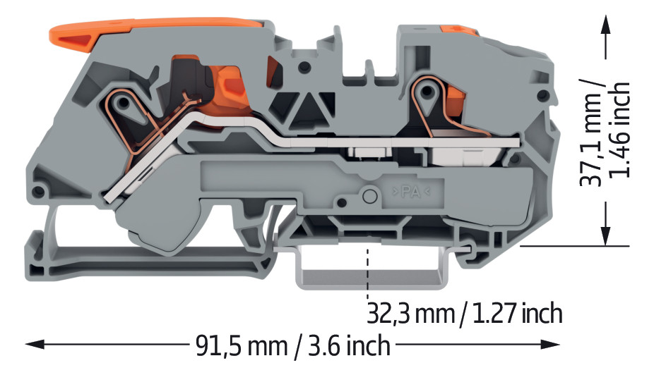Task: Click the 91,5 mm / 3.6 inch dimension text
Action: coord(293,345)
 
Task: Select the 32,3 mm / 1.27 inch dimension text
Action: coord(464,313)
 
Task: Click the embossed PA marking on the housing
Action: coord(411,192)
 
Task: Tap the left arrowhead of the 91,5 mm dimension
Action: coord(34,344)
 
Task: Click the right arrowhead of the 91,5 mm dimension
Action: coord(551,344)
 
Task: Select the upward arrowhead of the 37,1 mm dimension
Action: coord(605,26)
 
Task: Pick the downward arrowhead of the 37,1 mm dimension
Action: coord(605,235)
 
